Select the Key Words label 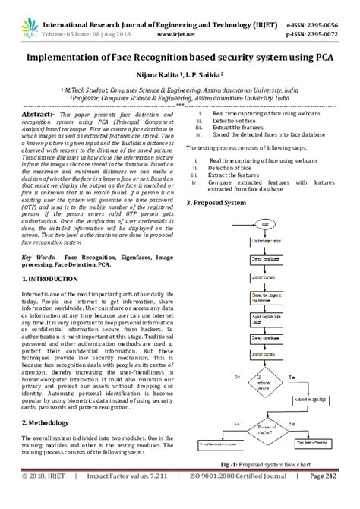[40, 258]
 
